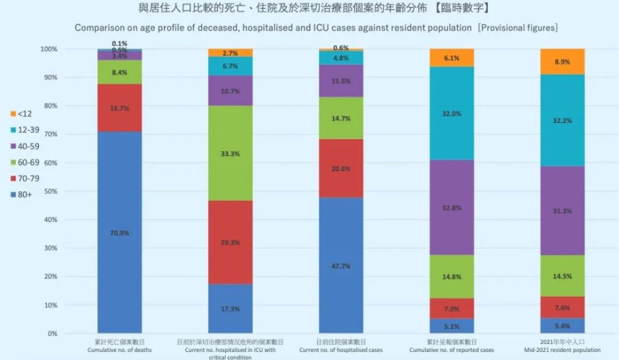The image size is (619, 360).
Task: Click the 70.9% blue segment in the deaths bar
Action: (x=119, y=233)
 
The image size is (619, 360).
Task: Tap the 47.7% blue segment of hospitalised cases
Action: (x=341, y=265)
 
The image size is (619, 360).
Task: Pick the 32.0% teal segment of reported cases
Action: (x=452, y=113)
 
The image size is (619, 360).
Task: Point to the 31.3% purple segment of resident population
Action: (x=563, y=210)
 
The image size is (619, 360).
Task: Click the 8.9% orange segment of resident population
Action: (x=563, y=61)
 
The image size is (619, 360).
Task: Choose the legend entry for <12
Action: (x=23, y=113)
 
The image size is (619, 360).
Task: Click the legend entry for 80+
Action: (x=23, y=195)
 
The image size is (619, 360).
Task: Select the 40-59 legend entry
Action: (x=25, y=146)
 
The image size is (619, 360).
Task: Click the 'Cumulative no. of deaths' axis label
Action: (x=119, y=350)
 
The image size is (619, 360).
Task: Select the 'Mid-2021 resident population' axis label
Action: (x=563, y=350)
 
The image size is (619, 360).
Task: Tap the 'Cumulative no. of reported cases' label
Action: (x=452, y=350)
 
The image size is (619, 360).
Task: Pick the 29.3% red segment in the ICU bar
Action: (x=230, y=242)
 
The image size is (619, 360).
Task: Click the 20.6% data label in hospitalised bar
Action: (x=341, y=168)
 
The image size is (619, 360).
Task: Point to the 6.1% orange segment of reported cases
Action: (x=452, y=58)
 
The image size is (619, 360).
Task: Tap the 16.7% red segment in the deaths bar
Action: (x=119, y=108)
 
